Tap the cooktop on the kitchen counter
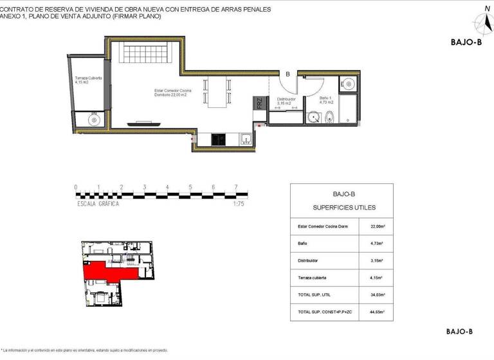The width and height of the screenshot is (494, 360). (219, 139)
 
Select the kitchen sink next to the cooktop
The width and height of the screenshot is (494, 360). (244, 139)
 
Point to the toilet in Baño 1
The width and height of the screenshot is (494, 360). (329, 117)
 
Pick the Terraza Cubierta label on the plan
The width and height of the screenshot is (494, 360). (88, 80)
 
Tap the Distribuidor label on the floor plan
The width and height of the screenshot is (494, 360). (286, 101)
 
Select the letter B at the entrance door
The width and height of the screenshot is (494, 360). (288, 74)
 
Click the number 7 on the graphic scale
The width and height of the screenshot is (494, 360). (236, 187)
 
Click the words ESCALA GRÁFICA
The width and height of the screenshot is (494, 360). (98, 203)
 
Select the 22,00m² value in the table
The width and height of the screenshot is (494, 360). (377, 226)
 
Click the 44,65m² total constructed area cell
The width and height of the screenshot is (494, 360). (377, 312)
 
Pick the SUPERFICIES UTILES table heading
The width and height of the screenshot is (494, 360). (343, 208)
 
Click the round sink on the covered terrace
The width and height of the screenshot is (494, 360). (94, 120)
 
